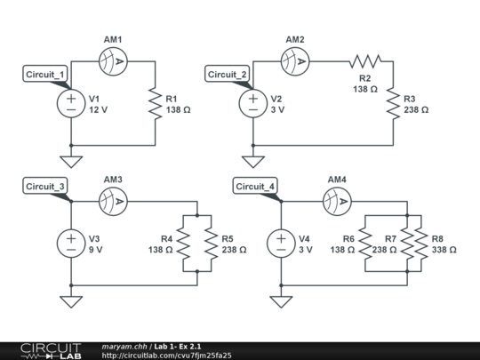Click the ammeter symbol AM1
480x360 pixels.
point(114,60)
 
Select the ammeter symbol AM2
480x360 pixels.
point(296,60)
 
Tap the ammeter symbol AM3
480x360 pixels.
point(114,200)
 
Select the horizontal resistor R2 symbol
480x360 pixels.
point(364,60)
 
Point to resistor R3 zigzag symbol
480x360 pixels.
point(394,103)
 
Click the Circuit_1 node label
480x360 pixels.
point(44,74)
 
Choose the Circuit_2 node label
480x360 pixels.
point(228,74)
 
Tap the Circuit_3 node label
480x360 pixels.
point(44,186)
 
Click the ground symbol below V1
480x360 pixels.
point(71,162)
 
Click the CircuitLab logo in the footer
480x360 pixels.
point(50,350)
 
